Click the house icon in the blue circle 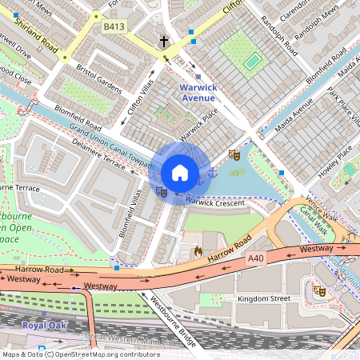[x=180, y=173]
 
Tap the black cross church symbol [x=164, y=41]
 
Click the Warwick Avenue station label [x=197, y=92]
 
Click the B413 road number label [x=114, y=26]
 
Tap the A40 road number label [x=256, y=258]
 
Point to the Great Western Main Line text [x=128, y=336]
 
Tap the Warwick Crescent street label [x=214, y=202]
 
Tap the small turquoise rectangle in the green [x=252, y=61]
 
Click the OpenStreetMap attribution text [x=80, y=354]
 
